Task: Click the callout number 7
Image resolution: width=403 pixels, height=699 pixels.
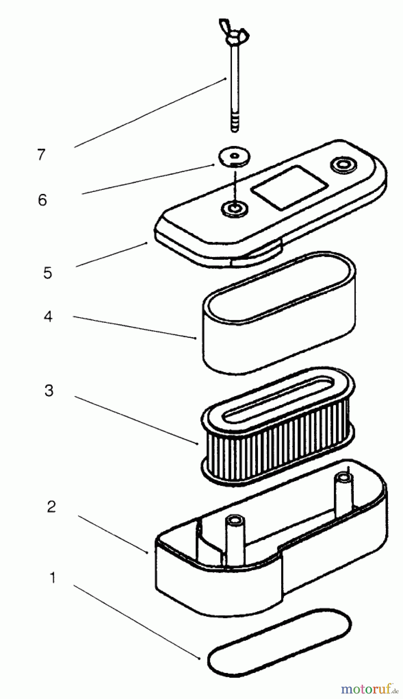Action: point(42,155)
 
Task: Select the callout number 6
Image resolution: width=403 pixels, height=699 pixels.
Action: point(42,200)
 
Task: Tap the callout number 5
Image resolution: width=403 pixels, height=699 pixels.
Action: point(47,273)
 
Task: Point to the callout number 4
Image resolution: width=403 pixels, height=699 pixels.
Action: point(48,316)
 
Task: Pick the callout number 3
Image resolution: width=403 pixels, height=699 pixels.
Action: point(49,390)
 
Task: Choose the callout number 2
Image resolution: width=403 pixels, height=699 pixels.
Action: point(51,506)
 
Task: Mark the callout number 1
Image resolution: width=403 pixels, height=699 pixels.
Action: point(52,577)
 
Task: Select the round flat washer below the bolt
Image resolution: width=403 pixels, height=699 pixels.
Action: point(234,157)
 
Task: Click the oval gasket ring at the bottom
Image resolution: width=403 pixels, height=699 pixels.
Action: point(279,643)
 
